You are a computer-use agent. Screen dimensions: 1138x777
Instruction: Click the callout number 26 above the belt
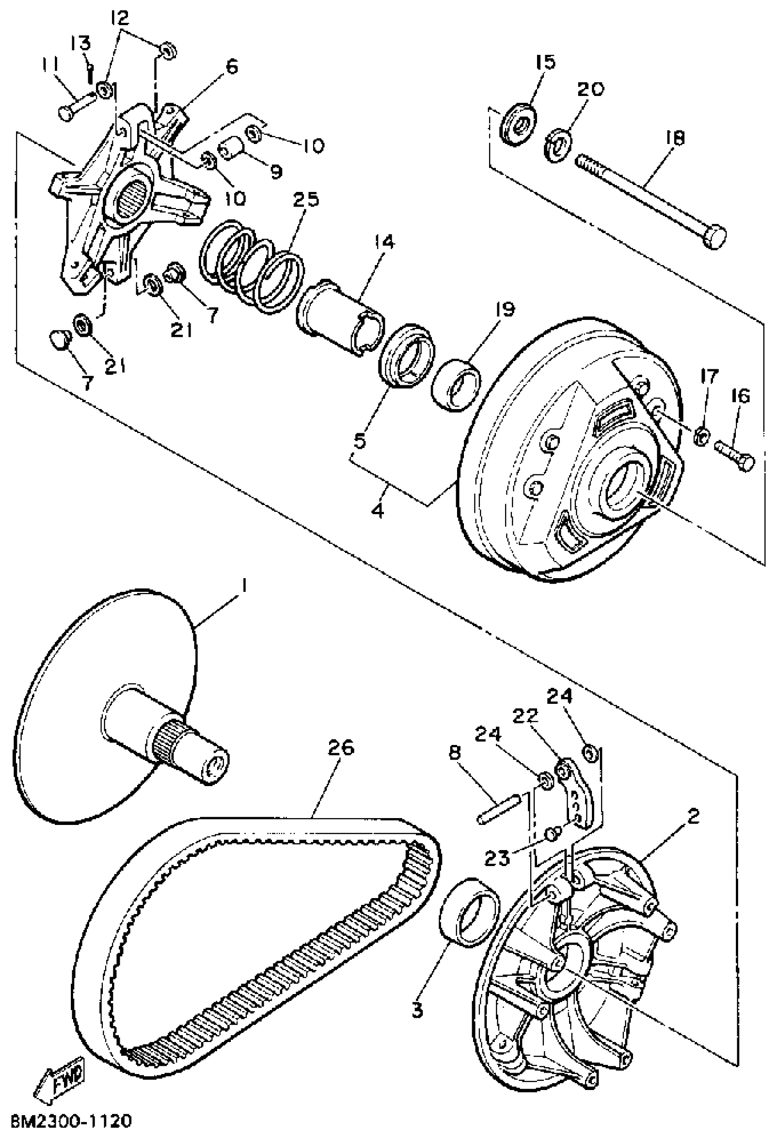(341, 748)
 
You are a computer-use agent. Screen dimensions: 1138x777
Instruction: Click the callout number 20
(591, 89)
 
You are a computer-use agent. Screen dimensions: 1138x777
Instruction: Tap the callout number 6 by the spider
(232, 66)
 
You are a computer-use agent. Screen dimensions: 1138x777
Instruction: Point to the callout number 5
(360, 441)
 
